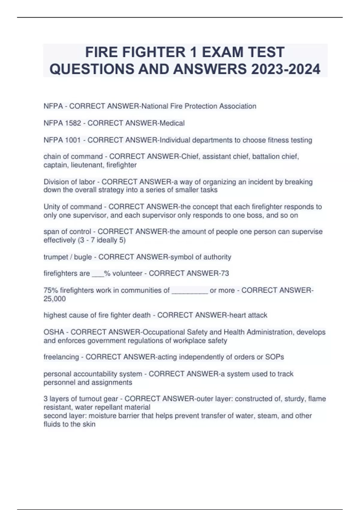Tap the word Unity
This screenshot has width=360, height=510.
52,207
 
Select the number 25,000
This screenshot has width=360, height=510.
55,299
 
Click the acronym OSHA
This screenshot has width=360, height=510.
54,332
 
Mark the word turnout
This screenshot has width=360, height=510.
90,399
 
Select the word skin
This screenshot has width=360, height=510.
89,424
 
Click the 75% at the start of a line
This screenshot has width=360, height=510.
51,290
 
